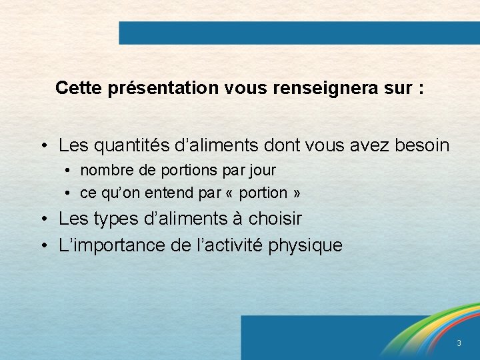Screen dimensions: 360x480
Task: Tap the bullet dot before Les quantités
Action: [x=42, y=146]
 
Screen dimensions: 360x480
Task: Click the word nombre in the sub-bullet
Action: [x=103, y=171]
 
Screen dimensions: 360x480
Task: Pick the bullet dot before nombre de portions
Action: [x=69, y=171]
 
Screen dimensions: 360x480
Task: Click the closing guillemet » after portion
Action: [x=296, y=194]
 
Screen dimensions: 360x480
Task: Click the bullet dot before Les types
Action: [x=42, y=219]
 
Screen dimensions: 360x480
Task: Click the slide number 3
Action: [x=458, y=343]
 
